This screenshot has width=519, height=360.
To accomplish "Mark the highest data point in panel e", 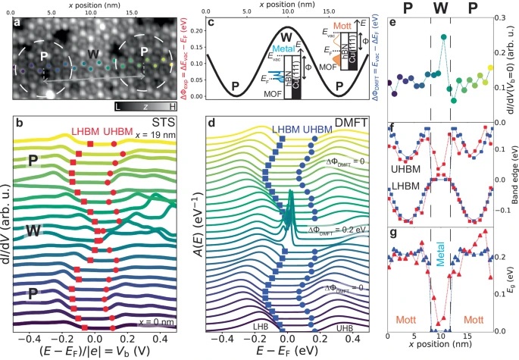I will pyautogui.click(x=443, y=37).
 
